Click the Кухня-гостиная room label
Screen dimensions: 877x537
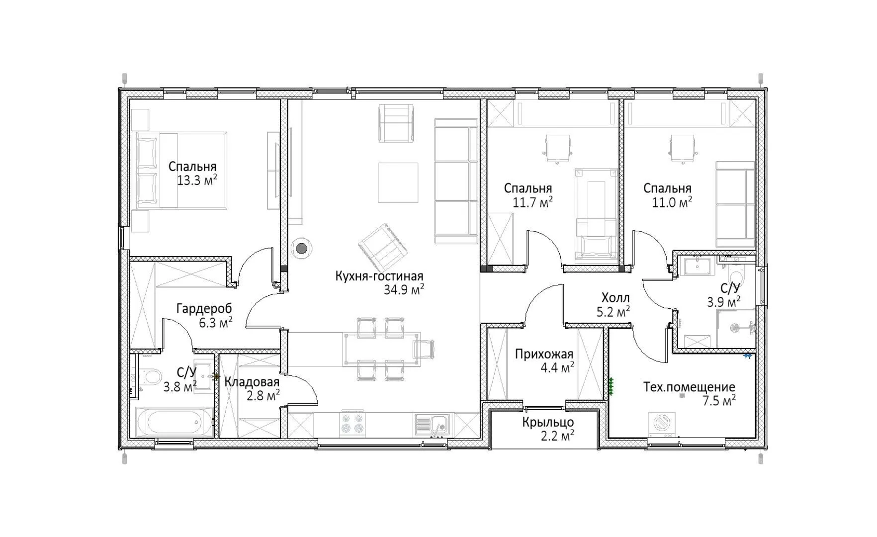[x=379, y=276]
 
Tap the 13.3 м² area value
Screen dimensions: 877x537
[x=197, y=180]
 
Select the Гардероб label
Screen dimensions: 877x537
[x=204, y=309]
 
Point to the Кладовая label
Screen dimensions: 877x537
[x=252, y=382]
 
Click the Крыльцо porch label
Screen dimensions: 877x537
[x=548, y=423]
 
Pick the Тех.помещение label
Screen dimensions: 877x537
[x=689, y=387]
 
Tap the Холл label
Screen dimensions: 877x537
[x=615, y=298]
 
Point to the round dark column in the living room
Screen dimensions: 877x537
[x=301, y=248]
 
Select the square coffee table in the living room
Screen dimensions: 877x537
[x=398, y=182]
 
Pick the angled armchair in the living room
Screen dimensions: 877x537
[x=383, y=246]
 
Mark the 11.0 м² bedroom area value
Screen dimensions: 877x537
[x=672, y=202]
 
